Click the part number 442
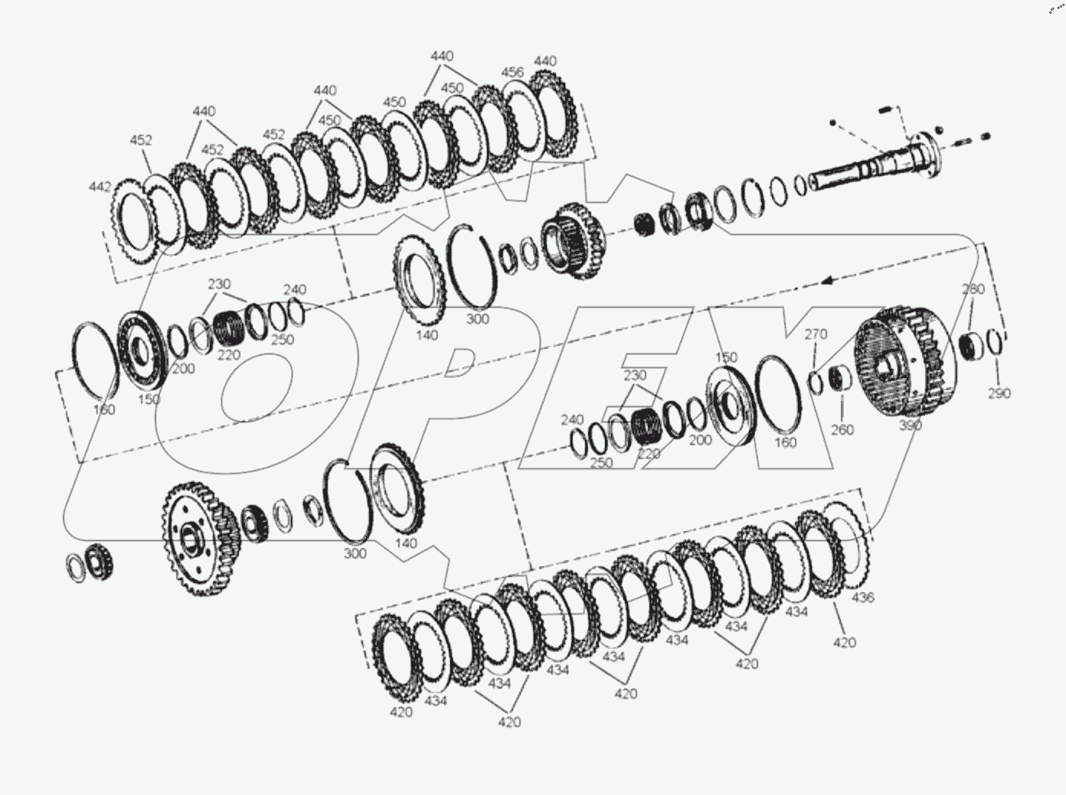pyautogui.click(x=100, y=187)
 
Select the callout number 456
pyautogui.click(x=512, y=73)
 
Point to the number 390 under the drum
pyautogui.click(x=911, y=425)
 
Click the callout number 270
pyautogui.click(x=816, y=334)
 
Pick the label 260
pyautogui.click(x=842, y=429)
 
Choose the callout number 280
pyautogui.click(x=973, y=289)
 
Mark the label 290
pyautogui.click(x=999, y=393)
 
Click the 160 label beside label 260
pyautogui.click(x=785, y=441)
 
